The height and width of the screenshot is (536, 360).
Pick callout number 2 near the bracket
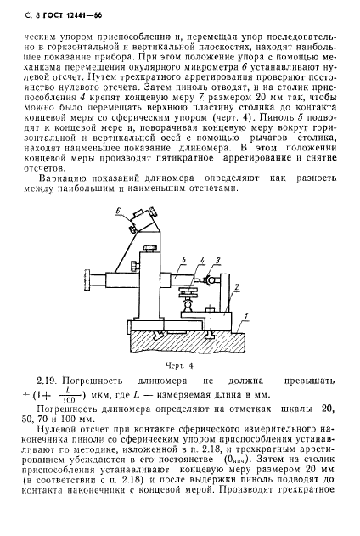click(x=237, y=290)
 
